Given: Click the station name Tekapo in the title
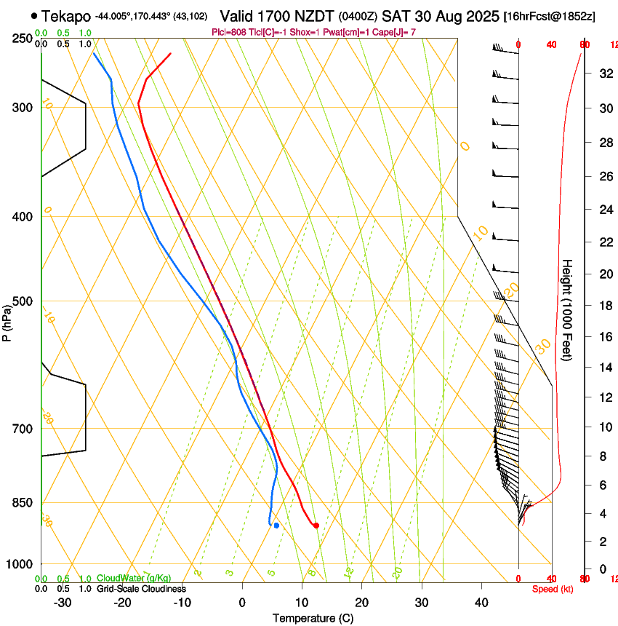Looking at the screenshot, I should click(66, 15).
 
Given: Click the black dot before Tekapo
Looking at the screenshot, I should click(34, 15).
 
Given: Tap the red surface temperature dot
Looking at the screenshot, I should click(316, 525).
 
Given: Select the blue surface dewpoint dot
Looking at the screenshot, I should click(276, 525).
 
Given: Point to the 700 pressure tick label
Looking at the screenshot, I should click(23, 429).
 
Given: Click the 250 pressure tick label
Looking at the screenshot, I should click(23, 39).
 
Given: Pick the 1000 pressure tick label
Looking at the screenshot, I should click(20, 564).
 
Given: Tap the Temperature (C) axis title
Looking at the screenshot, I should click(313, 618).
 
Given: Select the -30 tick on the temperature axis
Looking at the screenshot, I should click(63, 603).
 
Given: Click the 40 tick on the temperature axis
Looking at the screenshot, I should click(481, 603).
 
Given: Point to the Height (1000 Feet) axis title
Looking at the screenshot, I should click(567, 309).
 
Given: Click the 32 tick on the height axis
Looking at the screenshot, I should click(603, 74).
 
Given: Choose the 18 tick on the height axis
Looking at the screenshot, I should click(603, 306).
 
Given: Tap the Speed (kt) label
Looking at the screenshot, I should click(553, 589).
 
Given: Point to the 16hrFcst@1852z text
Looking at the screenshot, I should click(549, 16).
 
